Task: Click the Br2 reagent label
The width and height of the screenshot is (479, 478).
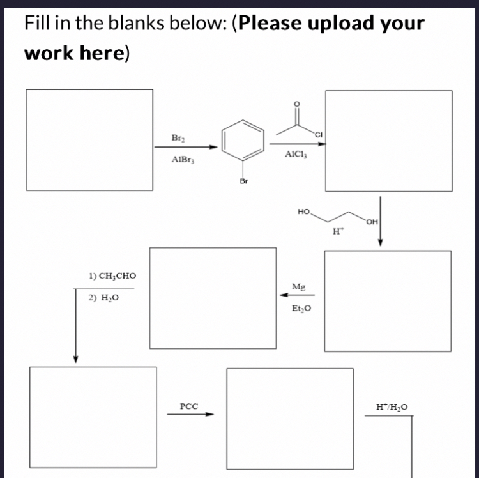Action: [x=178, y=138]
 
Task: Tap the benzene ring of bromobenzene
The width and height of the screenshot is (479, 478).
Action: [x=243, y=141]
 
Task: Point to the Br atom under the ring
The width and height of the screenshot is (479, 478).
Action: [x=243, y=181]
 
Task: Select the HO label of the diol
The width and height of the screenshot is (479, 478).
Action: [x=304, y=210]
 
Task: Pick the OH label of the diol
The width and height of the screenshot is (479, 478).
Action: [x=373, y=222]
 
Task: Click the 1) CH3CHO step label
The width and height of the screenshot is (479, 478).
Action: [x=112, y=276]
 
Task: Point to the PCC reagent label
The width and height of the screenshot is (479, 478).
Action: [x=189, y=406]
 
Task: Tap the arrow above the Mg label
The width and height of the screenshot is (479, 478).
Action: [x=296, y=295]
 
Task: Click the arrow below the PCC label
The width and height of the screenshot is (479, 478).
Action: [x=190, y=413]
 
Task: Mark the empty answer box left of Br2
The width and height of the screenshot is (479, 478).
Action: [x=89, y=139]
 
